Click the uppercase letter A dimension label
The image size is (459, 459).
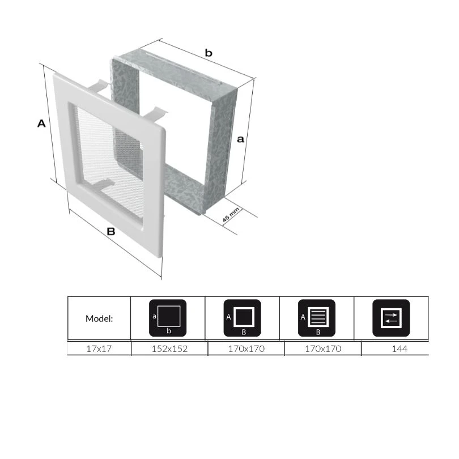tap(41, 124)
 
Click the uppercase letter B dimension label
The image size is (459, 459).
tap(111, 232)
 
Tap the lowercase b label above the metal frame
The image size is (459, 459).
tap(209, 53)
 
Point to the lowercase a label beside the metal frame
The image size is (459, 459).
tap(240, 139)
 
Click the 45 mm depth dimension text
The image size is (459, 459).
tap(231, 215)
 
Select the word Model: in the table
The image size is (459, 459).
tap(99, 318)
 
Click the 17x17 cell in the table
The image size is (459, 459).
tap(99, 348)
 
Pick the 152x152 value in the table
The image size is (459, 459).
tap(169, 348)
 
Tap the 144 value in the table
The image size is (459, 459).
tap(399, 348)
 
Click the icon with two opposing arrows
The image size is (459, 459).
tap(391, 318)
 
